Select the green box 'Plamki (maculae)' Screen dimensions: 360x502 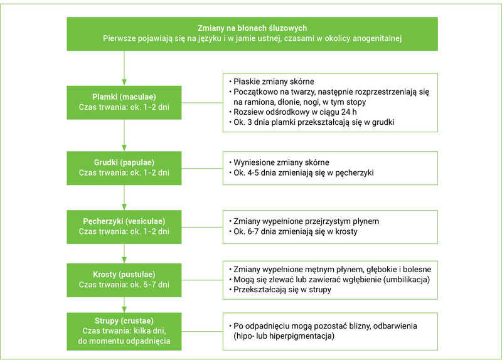(x=124, y=102)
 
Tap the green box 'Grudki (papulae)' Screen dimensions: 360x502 (x=124, y=165)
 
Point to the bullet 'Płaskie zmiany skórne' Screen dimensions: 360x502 (x=274, y=82)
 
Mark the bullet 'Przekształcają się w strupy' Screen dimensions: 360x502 (x=282, y=290)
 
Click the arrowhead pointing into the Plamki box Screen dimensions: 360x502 (x=124, y=82)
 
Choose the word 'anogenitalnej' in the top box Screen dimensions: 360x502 (x=372, y=38)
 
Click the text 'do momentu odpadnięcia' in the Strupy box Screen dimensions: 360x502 (x=124, y=342)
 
